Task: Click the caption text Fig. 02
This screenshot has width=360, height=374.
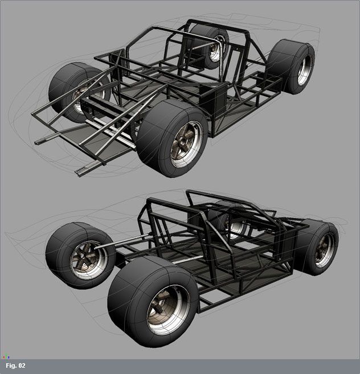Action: coord(15,365)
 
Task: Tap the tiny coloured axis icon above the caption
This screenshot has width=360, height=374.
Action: coord(5,357)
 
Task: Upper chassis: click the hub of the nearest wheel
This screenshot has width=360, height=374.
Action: coord(183,142)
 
